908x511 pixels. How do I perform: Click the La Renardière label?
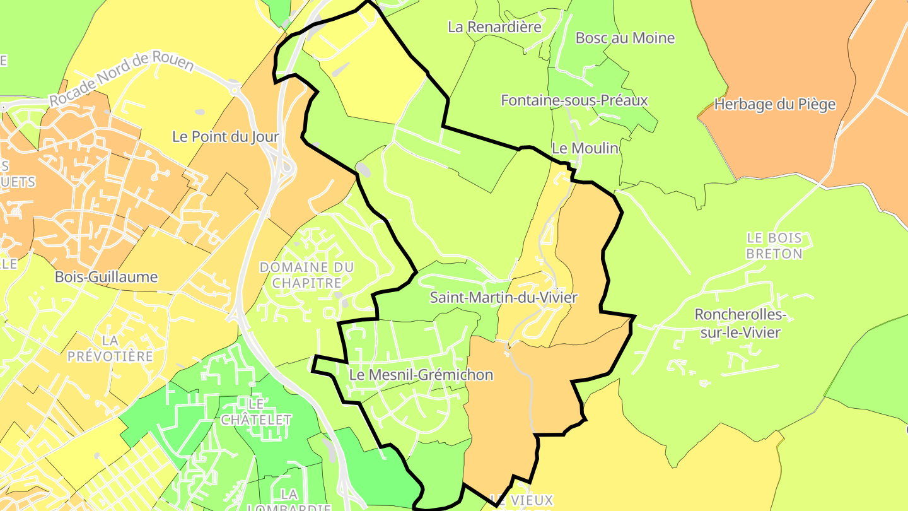coord(494,27)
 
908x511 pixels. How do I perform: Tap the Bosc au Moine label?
coord(625,38)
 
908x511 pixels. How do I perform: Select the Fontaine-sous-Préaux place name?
coord(574,100)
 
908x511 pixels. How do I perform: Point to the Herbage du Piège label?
coord(774,105)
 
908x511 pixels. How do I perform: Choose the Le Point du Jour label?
coord(225,136)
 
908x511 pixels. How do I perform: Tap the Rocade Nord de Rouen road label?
coord(121,79)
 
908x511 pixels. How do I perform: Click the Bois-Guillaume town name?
coord(106,277)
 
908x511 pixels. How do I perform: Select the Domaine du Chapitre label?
coord(307,275)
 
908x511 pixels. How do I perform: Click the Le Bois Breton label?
coord(774,246)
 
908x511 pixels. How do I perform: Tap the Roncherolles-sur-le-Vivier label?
coord(740,323)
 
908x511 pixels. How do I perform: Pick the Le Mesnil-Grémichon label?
coord(421,375)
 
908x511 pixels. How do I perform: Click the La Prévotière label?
coord(110,348)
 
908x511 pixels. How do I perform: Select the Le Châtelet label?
coord(255,411)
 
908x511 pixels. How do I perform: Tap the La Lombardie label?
coord(289,501)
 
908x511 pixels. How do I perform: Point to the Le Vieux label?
coord(521,500)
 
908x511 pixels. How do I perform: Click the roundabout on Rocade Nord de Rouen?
coord(236,90)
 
